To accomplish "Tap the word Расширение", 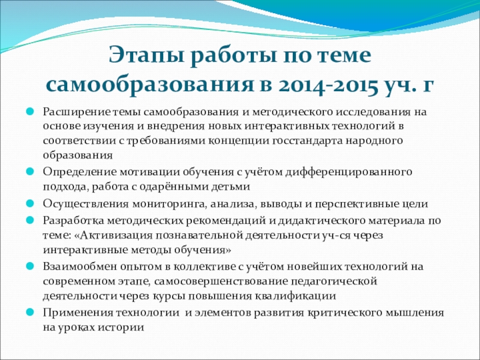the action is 77,112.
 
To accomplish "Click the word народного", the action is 374,142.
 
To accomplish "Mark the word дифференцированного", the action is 349,172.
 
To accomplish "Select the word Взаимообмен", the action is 80,266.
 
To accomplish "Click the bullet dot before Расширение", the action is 29,111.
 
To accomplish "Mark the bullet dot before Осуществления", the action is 29,203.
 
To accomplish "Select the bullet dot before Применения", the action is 29,312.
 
